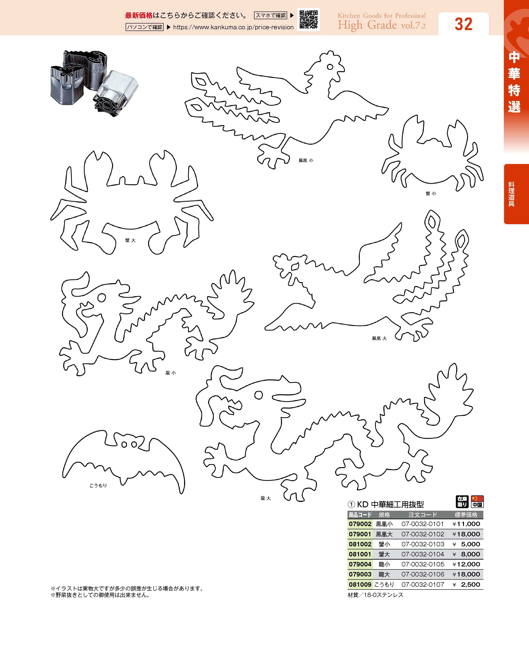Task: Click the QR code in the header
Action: coord(308,19)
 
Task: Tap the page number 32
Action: coord(464,24)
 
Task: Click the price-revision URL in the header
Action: coord(233,27)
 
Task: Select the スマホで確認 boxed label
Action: coord(271,15)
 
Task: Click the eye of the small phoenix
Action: coord(330,67)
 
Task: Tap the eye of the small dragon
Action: coord(102,297)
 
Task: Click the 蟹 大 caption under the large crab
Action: coord(130,240)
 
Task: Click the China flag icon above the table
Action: coord(477,502)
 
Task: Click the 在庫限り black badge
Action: coord(462,502)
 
